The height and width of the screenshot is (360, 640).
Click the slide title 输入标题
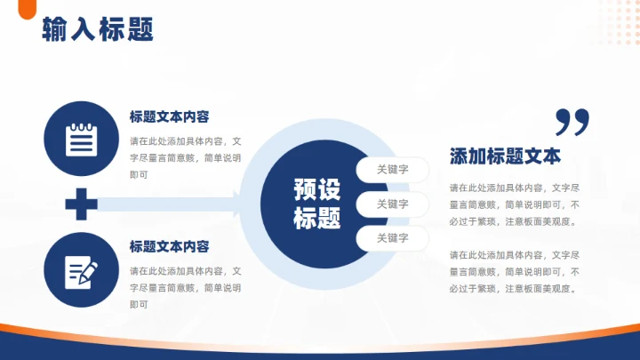click(x=98, y=29)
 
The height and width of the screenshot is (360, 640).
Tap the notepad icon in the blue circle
click(x=81, y=139)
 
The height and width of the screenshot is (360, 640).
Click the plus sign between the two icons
click(x=81, y=204)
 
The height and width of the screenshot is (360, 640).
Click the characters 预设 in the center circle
click(x=316, y=189)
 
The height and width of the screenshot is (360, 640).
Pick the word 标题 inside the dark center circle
click(x=316, y=218)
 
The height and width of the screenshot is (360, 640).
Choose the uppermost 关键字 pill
click(x=392, y=169)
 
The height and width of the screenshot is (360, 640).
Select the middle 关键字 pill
click(x=392, y=204)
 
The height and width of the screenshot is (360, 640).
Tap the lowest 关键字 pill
click(x=392, y=238)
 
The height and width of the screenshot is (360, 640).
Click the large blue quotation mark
click(x=572, y=121)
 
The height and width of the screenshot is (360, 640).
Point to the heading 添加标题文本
click(x=505, y=156)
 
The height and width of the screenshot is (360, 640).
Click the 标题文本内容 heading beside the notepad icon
click(x=169, y=116)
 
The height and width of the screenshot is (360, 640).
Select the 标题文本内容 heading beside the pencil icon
click(x=169, y=246)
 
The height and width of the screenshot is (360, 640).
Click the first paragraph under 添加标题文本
click(x=514, y=204)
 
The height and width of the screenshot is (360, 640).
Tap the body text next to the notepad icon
click(x=185, y=157)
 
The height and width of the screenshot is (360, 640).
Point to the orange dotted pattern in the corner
click(x=613, y=22)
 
